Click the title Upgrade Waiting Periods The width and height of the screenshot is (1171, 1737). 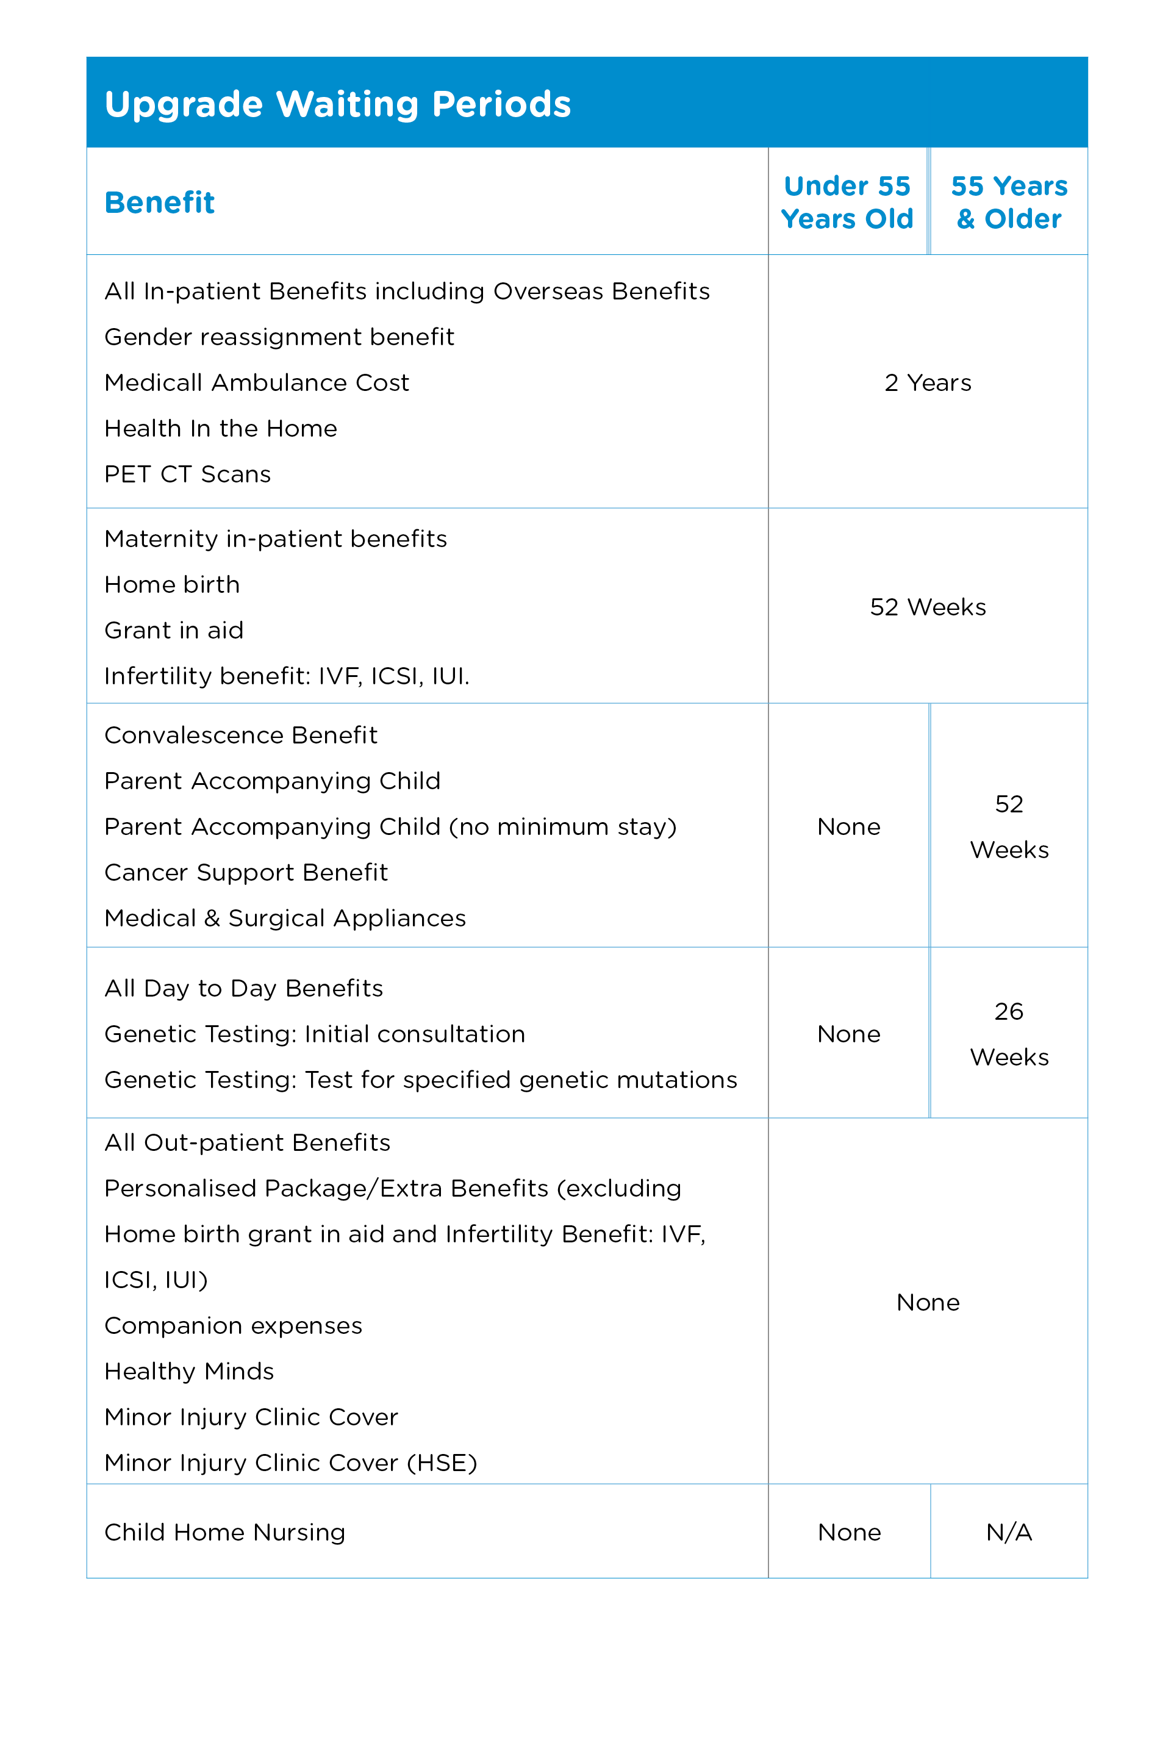pyautogui.click(x=337, y=104)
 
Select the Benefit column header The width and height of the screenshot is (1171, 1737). pyautogui.click(x=160, y=202)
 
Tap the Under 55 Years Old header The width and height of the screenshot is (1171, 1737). pyautogui.click(x=847, y=202)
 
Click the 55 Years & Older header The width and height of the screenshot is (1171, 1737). pyautogui.click(x=1008, y=202)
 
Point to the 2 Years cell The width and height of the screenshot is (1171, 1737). pyautogui.click(x=928, y=383)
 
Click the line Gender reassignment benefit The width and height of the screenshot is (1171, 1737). pyautogui.click(x=279, y=337)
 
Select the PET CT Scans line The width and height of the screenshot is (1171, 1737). pyautogui.click(x=187, y=475)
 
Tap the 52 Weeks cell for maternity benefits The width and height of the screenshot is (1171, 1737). pyautogui.click(x=928, y=607)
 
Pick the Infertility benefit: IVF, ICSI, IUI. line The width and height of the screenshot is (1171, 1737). pyautogui.click(x=287, y=676)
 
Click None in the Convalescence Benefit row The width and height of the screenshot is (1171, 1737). pyautogui.click(x=848, y=826)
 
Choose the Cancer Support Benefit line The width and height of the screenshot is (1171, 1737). pyautogui.click(x=246, y=872)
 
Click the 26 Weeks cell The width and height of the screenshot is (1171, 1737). pyautogui.click(x=1008, y=1034)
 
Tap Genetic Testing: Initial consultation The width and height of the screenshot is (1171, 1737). pyautogui.click(x=315, y=1034)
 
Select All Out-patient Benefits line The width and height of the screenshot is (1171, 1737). pyautogui.click(x=247, y=1142)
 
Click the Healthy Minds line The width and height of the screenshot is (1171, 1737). pyautogui.click(x=189, y=1371)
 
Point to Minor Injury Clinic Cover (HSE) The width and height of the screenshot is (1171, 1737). pyautogui.click(x=290, y=1463)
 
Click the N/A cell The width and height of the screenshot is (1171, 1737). pyautogui.click(x=1008, y=1533)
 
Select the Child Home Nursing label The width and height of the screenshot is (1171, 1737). pyautogui.click(x=225, y=1533)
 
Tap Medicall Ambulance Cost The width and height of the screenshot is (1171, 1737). pyautogui.click(x=257, y=383)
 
